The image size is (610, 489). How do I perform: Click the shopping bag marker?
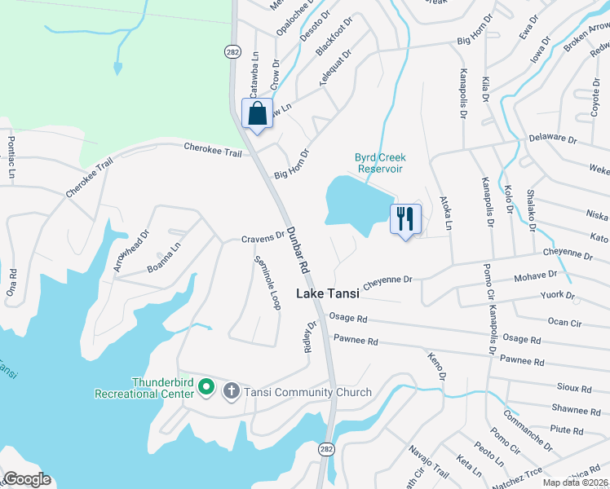(258, 114)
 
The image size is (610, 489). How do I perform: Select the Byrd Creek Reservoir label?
(379, 163)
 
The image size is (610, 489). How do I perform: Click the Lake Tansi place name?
(327, 294)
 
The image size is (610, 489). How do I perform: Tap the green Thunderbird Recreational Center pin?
(206, 386)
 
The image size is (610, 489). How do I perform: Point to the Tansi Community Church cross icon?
(231, 392)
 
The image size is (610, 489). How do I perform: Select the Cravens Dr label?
(262, 238)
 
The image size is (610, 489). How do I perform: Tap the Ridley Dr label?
(310, 337)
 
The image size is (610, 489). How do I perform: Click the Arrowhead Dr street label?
(133, 249)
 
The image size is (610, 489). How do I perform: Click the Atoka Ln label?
(445, 210)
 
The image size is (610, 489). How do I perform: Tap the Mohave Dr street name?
(535, 278)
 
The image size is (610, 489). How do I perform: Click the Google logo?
(27, 479)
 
